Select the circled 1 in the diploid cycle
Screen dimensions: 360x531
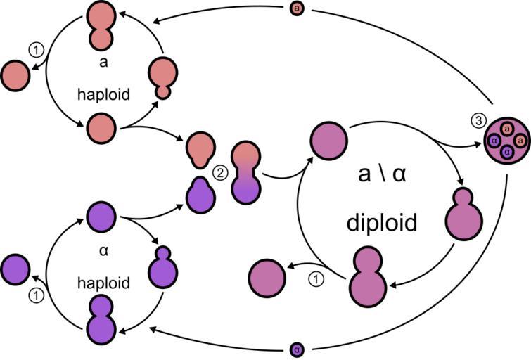(316, 279)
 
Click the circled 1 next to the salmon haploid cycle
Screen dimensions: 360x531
(35, 50)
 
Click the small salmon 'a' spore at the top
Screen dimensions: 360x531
(297, 8)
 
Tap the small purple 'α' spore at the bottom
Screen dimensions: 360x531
(297, 349)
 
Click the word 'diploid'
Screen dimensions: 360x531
(382, 222)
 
